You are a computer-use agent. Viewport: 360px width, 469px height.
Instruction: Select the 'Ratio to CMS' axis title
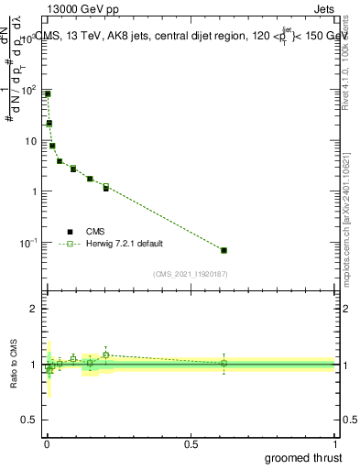click(x=14, y=365)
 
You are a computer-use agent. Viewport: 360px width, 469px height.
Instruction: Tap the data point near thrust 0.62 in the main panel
click(x=224, y=250)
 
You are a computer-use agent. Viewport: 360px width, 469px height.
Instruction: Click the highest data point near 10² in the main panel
click(x=48, y=93)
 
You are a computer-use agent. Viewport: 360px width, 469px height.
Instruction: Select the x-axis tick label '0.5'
click(x=191, y=443)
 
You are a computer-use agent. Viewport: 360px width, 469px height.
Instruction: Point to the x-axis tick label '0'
click(x=47, y=443)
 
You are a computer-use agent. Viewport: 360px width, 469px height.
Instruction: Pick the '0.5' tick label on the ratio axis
click(x=30, y=420)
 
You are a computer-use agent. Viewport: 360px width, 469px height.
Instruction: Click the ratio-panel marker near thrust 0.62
click(x=224, y=363)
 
